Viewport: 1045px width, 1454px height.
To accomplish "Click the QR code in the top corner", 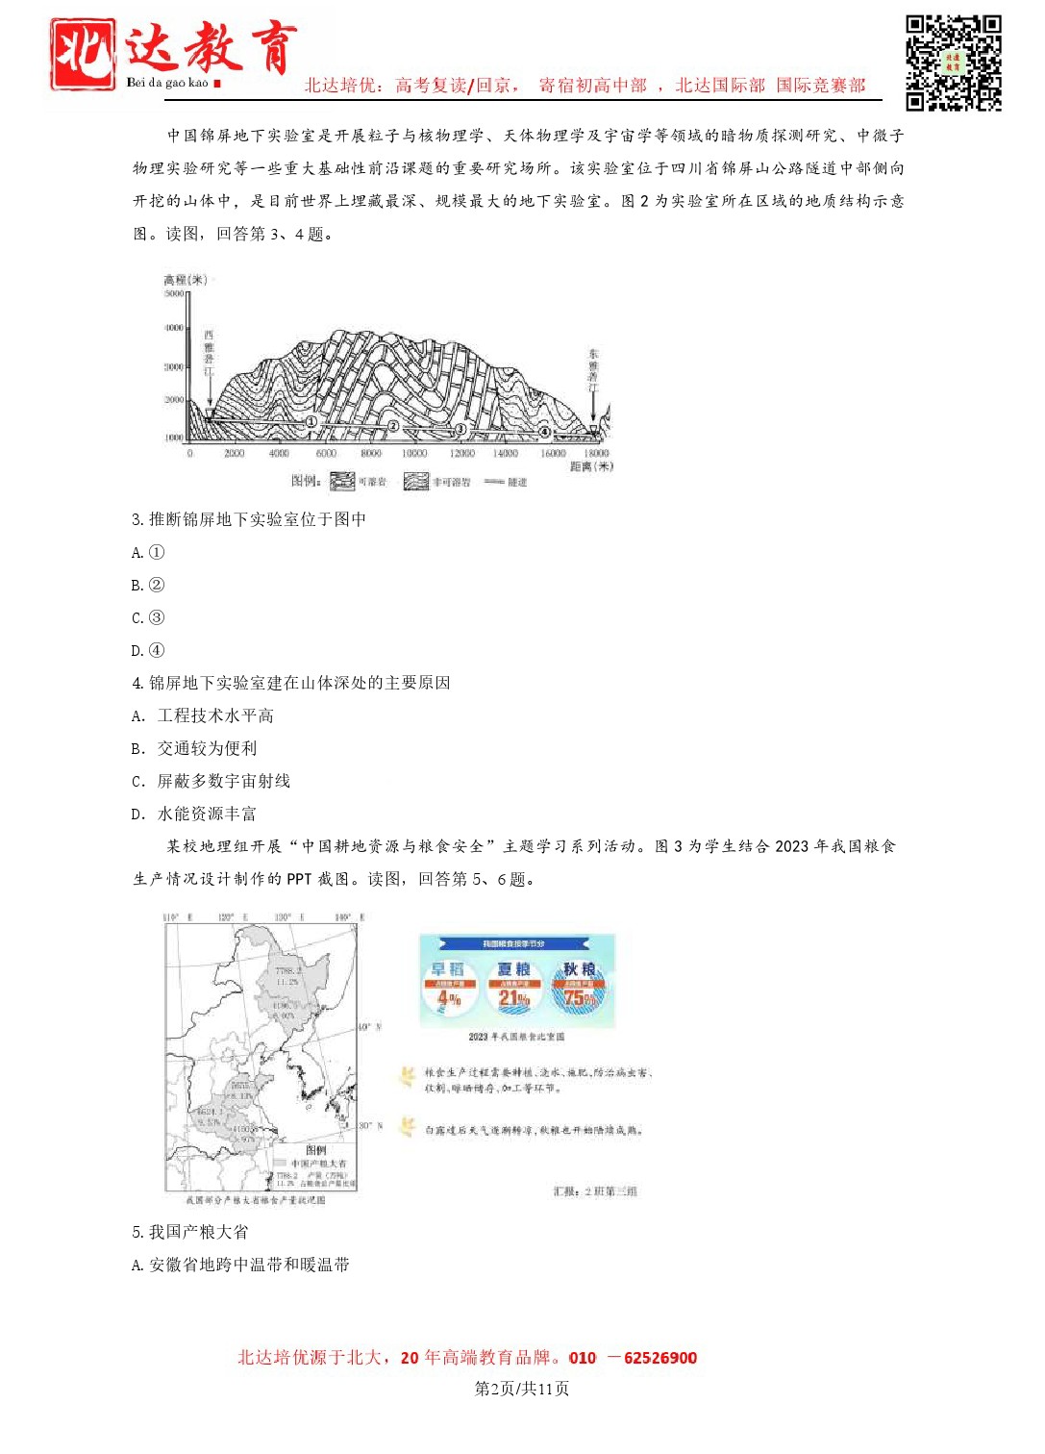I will (953, 63).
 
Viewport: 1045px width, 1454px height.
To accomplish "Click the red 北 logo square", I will (84, 55).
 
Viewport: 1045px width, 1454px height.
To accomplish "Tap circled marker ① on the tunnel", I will (311, 421).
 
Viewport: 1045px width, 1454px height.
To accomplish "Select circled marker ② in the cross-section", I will (393, 425).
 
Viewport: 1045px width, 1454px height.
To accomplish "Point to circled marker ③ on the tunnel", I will (460, 429).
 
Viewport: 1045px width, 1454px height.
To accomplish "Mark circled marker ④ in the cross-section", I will (544, 432).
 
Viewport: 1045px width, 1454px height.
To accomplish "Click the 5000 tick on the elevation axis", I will (173, 293).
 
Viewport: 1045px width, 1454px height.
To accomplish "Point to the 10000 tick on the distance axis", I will (414, 453).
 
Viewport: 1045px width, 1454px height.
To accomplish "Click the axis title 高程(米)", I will (186, 280).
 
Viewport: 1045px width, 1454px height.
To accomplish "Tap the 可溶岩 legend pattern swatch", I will (342, 481).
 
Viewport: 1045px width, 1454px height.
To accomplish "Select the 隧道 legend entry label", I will (517, 482).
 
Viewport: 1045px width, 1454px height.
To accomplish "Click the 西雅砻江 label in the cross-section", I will (209, 353).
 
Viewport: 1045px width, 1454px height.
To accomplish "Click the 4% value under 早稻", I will (449, 999).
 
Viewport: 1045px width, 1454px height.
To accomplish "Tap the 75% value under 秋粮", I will (580, 998).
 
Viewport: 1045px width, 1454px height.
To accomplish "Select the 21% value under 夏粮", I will (513, 999).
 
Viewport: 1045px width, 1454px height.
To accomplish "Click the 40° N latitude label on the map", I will (370, 1027).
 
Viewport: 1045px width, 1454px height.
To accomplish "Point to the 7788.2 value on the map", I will (288, 970).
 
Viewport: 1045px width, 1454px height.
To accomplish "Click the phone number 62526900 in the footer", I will (660, 1358).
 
